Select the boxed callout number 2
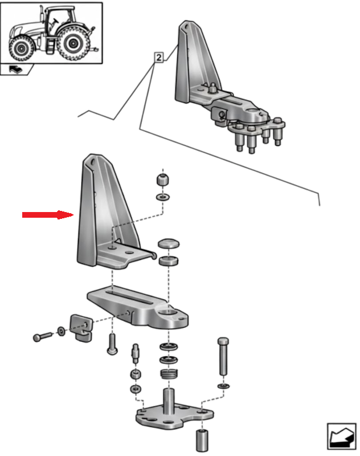coord(158,58)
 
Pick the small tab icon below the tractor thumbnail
coord(17,70)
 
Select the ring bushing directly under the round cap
coord(169,262)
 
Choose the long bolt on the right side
coord(223,356)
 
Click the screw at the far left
coord(42,336)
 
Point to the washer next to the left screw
coord(61,331)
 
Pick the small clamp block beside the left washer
coord(80,327)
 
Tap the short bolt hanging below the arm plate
coord(112,343)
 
